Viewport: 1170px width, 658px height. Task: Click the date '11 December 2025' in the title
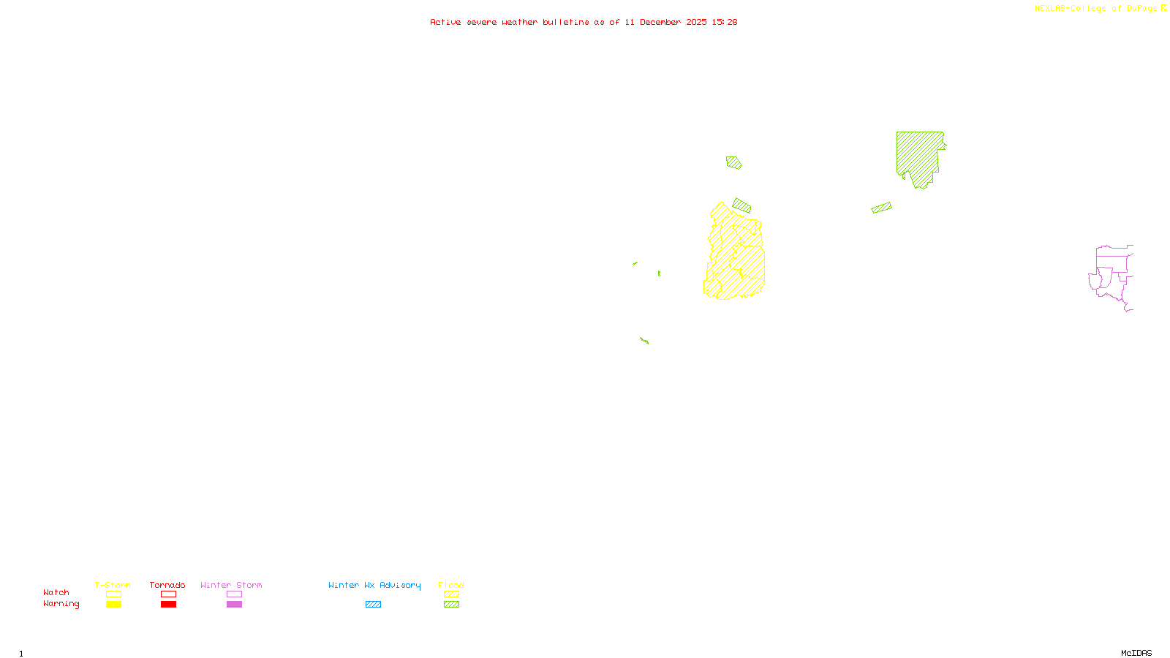665,23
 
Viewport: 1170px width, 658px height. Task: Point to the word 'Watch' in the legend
56,593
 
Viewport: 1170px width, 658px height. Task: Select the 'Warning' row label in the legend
61,604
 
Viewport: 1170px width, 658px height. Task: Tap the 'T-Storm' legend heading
113,585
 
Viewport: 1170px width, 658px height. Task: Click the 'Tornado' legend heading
167,585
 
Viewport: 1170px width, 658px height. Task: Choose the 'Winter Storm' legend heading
231,585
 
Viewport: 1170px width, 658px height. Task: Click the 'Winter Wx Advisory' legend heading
374,585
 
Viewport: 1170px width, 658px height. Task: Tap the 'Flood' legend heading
451,585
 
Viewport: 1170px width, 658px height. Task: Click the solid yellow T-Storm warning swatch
113,605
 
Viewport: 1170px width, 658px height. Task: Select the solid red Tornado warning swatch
168,605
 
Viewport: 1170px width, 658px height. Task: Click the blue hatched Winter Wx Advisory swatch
373,605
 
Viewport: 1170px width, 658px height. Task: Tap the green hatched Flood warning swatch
452,605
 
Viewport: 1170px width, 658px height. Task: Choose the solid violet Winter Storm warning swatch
234,605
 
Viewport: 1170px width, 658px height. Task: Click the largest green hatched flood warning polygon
917,154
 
